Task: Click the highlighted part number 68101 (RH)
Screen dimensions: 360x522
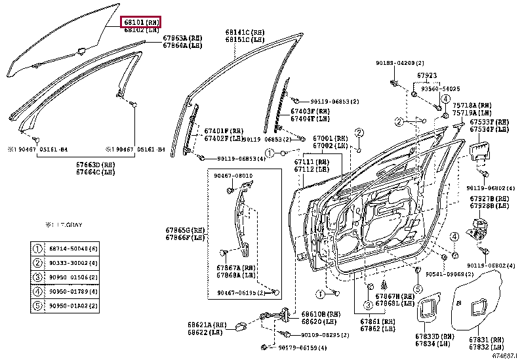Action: (142, 22)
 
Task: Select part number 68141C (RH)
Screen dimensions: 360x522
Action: (245, 31)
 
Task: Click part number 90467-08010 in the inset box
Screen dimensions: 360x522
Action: (233, 176)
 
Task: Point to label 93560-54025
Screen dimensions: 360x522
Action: (441, 88)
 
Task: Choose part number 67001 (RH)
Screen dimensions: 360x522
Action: (330, 139)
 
